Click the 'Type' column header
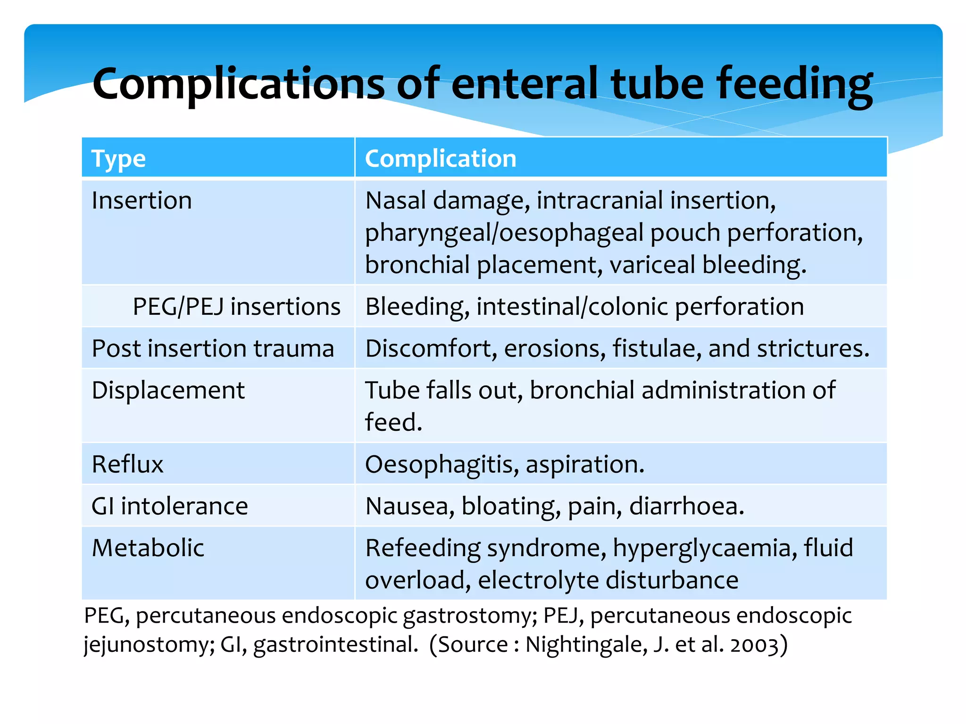point(118,159)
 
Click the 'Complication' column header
point(441,159)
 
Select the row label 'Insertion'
point(142,201)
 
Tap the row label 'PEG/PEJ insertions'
point(236,307)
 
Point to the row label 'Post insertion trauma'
point(213,349)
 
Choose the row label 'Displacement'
point(168,391)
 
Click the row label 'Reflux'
point(127,465)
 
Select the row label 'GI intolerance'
point(169,507)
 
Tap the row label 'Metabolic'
point(148,548)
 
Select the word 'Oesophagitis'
point(441,465)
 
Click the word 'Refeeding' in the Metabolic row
point(423,548)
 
